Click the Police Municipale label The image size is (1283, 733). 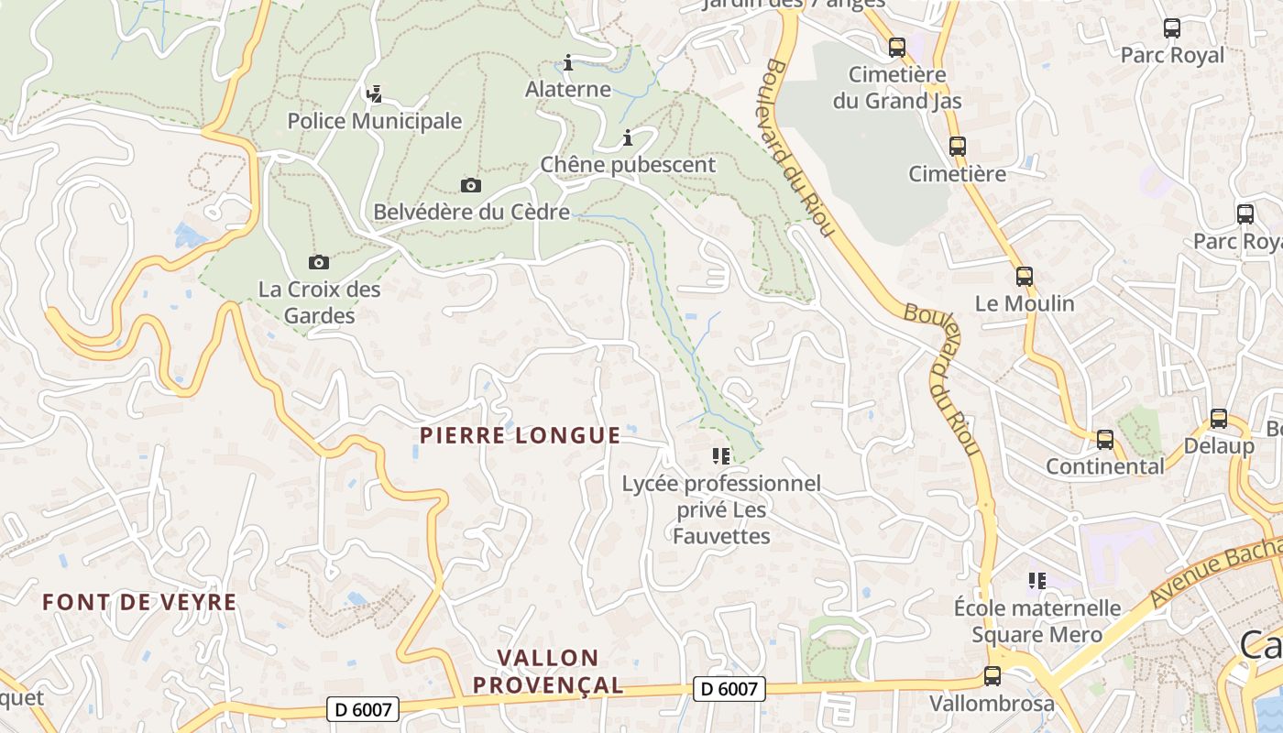(375, 121)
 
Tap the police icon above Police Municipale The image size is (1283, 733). (374, 93)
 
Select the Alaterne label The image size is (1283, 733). (568, 89)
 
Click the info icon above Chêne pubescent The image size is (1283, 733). (628, 138)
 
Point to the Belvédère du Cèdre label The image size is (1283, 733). (471, 213)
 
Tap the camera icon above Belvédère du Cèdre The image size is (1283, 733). (471, 186)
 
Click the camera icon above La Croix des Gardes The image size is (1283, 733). (318, 263)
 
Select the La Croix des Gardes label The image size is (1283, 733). (319, 302)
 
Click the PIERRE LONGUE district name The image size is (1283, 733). (520, 435)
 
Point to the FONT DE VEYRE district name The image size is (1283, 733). (139, 602)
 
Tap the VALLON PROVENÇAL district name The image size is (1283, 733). (548, 671)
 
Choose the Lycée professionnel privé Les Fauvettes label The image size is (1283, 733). (721, 509)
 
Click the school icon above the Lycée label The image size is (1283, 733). (720, 455)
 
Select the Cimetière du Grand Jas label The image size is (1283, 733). (897, 87)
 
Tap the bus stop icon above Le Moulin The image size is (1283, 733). (1025, 276)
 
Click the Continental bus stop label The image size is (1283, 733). (1105, 466)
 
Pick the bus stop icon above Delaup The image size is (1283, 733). (1219, 419)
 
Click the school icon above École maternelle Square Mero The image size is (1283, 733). (1037, 580)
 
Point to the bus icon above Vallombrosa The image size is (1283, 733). (992, 676)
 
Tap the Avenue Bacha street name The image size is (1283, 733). (1216, 573)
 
